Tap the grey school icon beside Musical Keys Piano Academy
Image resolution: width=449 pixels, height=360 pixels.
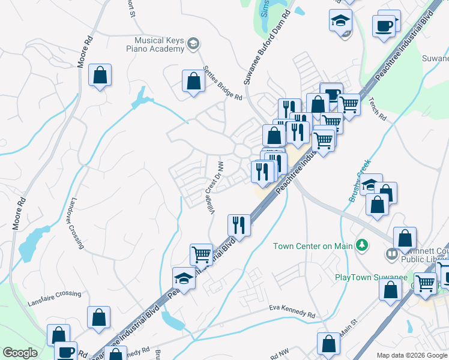tap(193, 43)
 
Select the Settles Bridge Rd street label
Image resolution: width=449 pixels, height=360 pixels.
tap(222, 83)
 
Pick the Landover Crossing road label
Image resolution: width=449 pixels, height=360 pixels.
tap(77, 223)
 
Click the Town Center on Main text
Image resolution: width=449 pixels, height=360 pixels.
tap(312, 246)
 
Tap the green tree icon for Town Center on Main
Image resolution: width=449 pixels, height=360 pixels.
tap(361, 245)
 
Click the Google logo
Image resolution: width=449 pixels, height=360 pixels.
tap(20, 353)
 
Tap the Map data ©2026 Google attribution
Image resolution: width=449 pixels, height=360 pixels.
tap(412, 355)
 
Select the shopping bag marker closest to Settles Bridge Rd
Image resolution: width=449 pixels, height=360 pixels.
tap(193, 82)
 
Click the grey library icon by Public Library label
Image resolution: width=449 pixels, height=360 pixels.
tap(391, 254)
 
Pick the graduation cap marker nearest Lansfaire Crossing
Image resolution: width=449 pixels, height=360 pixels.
tap(184, 278)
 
